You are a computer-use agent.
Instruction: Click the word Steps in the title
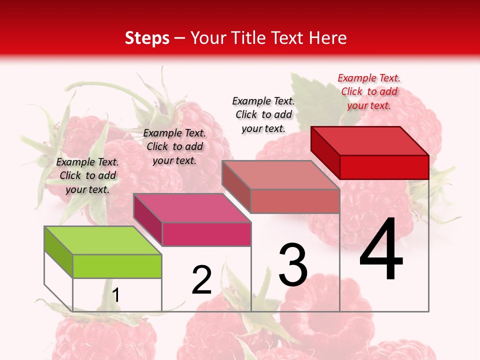(147, 38)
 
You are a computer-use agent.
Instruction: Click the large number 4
(381, 251)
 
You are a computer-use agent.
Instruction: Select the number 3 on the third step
(293, 265)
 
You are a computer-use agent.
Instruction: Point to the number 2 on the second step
(202, 280)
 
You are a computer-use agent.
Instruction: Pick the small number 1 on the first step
(116, 295)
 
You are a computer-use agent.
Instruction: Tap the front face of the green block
(117, 266)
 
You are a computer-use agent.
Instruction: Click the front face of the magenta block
(206, 234)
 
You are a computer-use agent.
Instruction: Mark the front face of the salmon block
(295, 201)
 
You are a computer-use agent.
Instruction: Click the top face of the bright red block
(369, 140)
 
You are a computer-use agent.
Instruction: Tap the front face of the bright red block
(384, 167)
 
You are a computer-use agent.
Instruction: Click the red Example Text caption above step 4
(369, 91)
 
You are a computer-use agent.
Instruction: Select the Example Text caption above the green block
(88, 175)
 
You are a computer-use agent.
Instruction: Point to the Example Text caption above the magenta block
(174, 146)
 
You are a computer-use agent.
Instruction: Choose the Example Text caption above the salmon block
(263, 114)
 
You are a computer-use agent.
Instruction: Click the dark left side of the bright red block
(325, 152)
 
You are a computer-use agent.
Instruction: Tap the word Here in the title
(329, 38)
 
